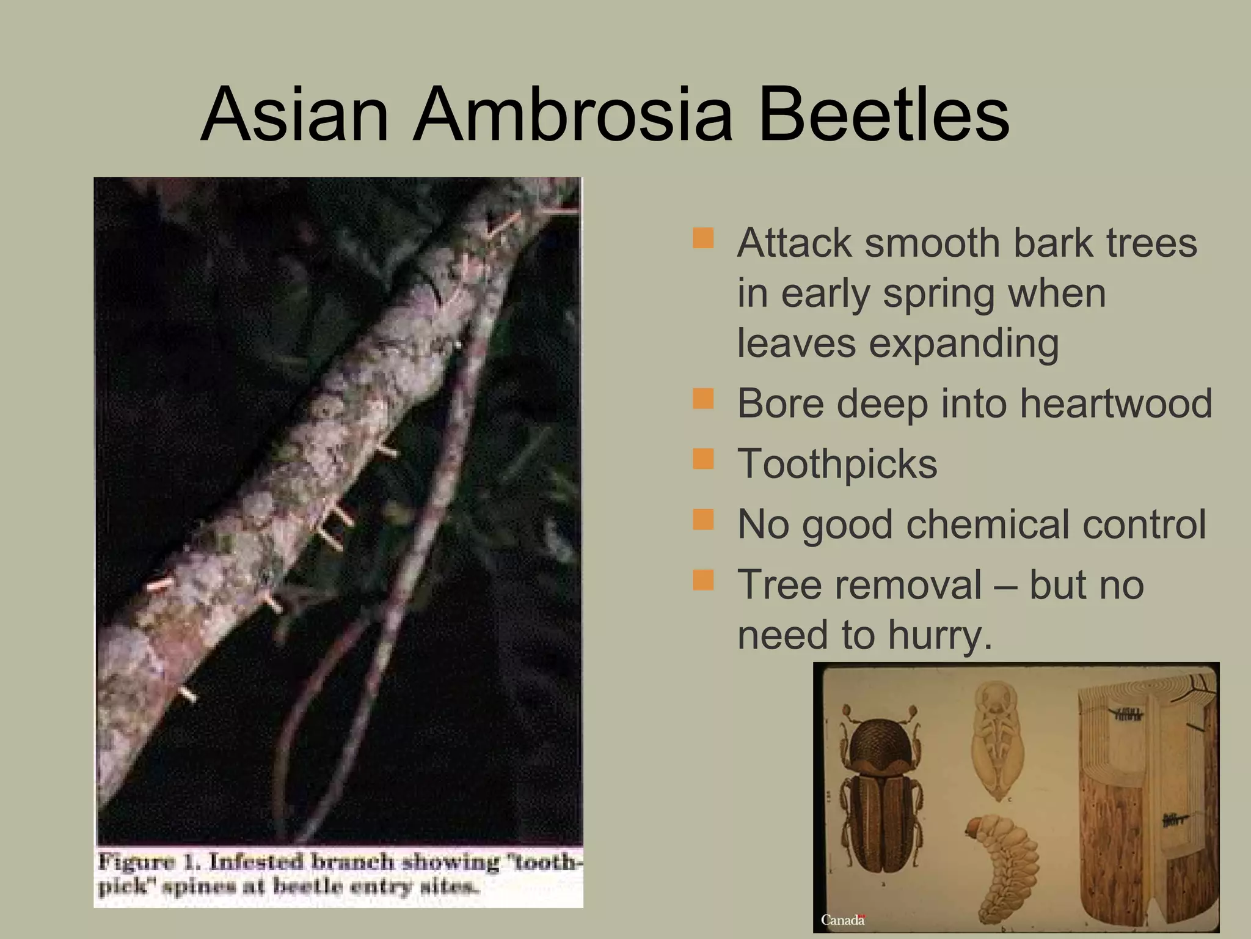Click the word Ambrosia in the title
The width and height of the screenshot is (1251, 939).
pos(572,114)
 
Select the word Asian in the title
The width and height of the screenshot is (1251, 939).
pos(294,114)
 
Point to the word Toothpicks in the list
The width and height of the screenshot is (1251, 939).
pos(837,464)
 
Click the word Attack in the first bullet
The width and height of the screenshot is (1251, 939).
pos(795,243)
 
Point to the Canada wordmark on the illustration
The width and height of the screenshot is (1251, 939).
pos(842,919)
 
